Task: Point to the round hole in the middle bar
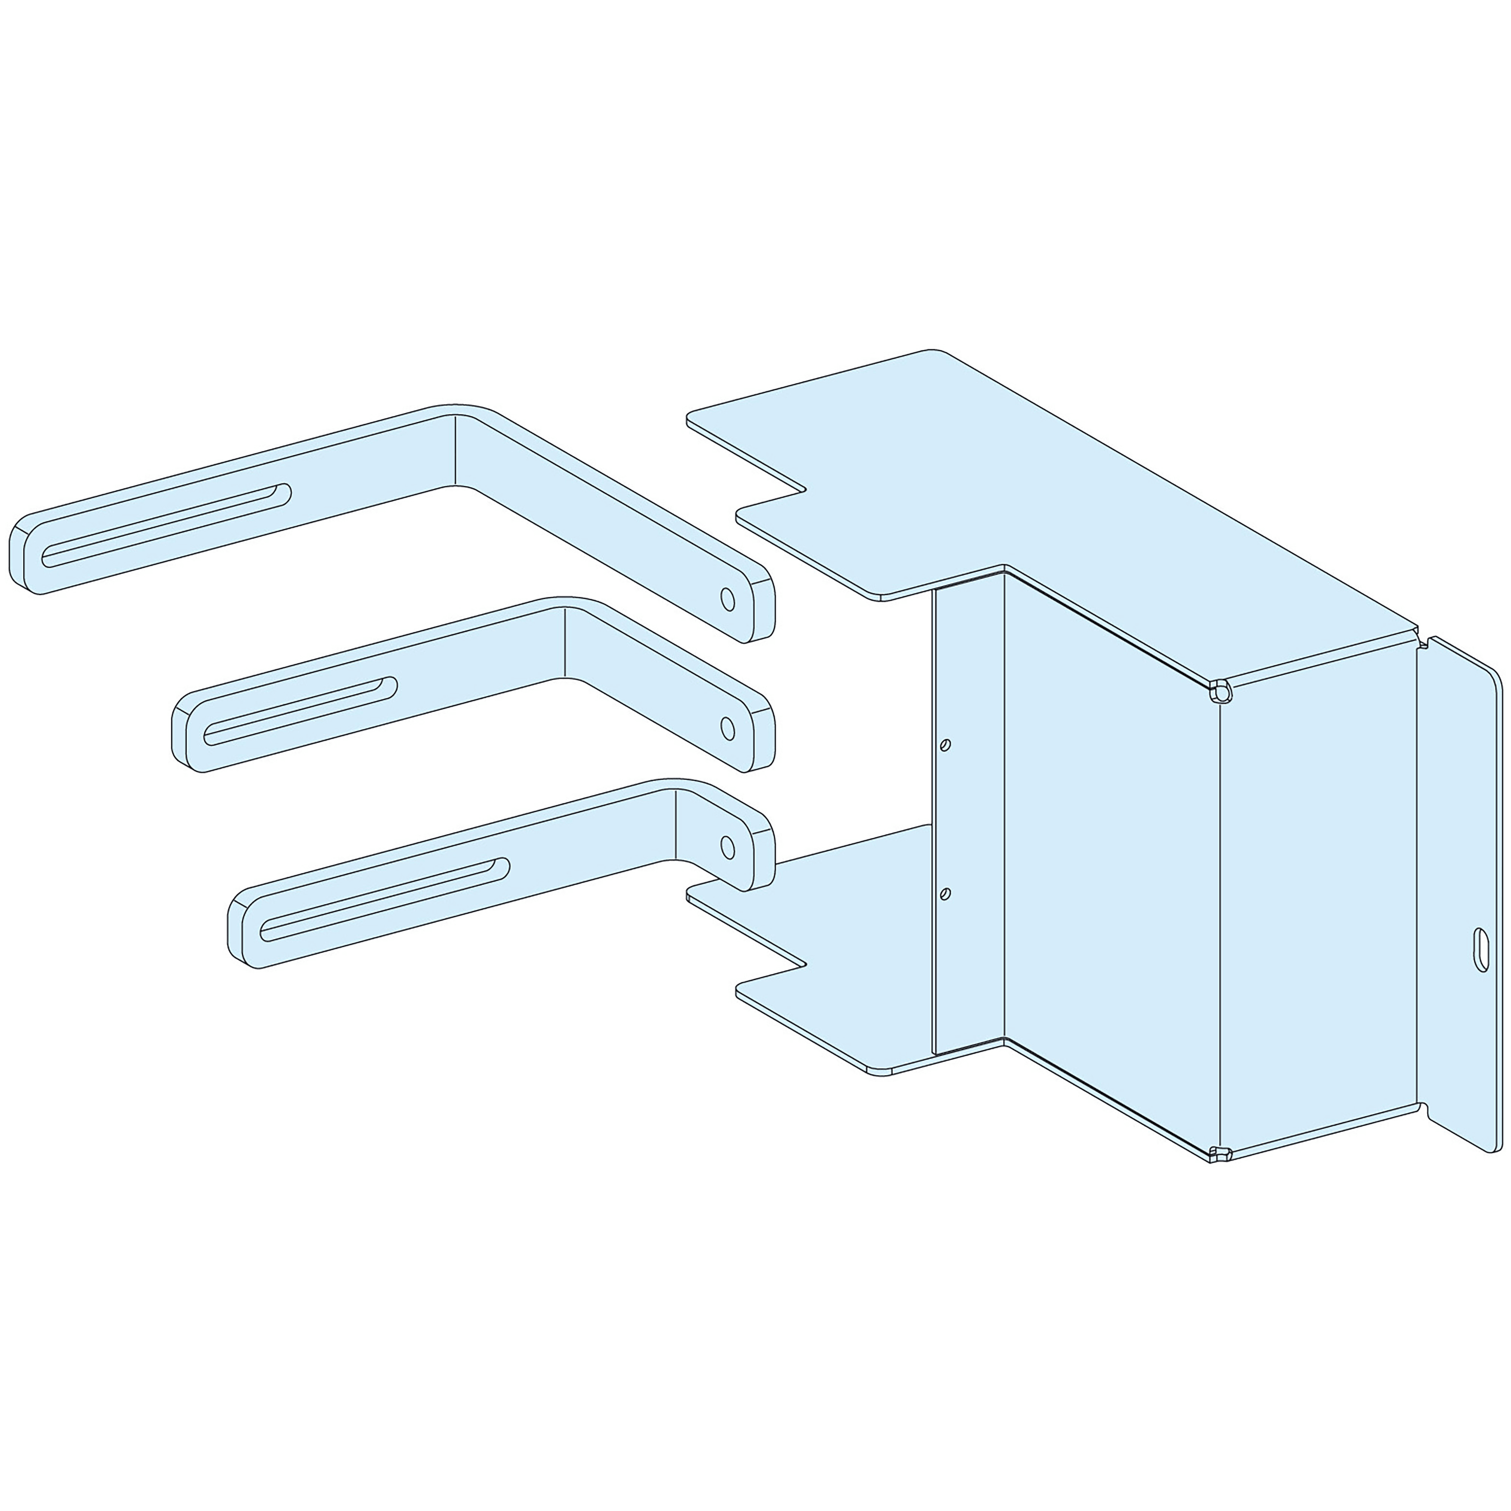tap(726, 728)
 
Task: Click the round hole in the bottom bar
tap(726, 847)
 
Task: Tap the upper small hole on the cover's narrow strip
tap(946, 745)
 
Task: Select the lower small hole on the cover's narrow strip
tap(946, 893)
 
